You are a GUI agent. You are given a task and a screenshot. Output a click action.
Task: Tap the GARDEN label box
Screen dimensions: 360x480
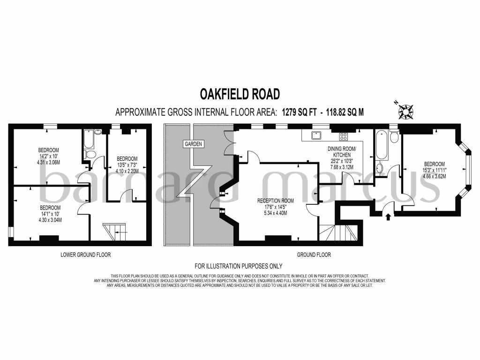pyautogui.click(x=193, y=144)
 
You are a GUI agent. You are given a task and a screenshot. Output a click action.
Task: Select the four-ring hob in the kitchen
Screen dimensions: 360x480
pyautogui.click(x=344, y=136)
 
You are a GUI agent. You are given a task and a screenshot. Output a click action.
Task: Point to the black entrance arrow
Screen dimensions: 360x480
pyautogui.click(x=388, y=217)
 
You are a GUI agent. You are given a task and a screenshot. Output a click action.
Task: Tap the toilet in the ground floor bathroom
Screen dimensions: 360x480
pyautogui.click(x=394, y=136)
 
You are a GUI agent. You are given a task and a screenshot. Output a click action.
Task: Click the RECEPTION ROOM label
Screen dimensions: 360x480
pyautogui.click(x=272, y=201)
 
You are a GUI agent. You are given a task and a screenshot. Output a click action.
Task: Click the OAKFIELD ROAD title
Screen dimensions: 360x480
pyautogui.click(x=240, y=94)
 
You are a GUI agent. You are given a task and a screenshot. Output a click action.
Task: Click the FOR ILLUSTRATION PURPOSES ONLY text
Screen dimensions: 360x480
pyautogui.click(x=239, y=265)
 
